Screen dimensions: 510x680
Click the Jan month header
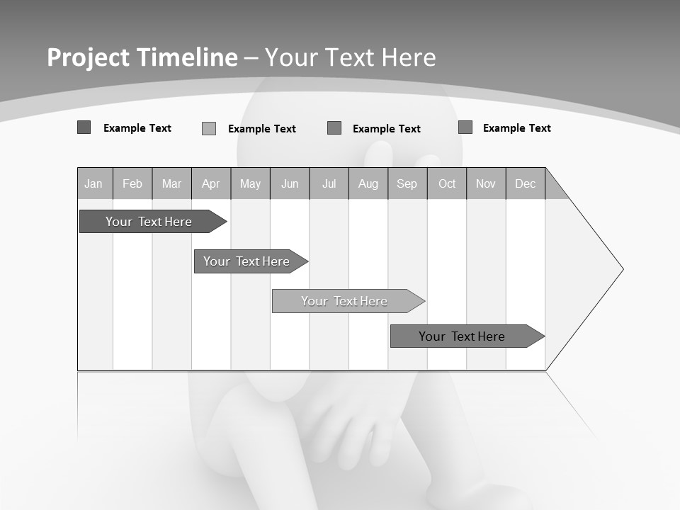(94, 183)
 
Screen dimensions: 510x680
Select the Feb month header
(132, 183)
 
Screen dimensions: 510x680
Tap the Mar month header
(171, 183)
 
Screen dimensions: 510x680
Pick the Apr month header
(211, 183)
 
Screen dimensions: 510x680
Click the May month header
(250, 183)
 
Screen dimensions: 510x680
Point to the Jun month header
(290, 183)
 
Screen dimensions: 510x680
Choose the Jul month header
(329, 183)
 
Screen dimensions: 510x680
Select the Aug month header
(368, 183)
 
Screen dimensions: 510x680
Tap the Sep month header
(407, 183)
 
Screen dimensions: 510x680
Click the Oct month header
(447, 183)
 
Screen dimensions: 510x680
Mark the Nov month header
(486, 183)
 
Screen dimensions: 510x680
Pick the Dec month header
(526, 183)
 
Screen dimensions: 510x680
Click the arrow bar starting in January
(149, 222)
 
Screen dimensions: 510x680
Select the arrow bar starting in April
(246, 261)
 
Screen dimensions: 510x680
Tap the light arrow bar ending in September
(344, 301)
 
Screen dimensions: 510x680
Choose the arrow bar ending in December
(462, 336)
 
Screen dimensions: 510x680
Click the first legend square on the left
(84, 127)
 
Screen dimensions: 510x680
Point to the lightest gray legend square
(209, 128)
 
